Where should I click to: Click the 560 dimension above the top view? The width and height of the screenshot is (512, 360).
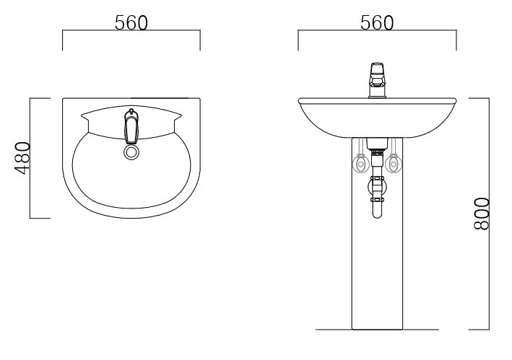pyautogui.click(x=131, y=23)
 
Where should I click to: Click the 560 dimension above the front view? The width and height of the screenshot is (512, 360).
pyautogui.click(x=377, y=23)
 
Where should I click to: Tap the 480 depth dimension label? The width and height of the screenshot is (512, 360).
pyautogui.click(x=22, y=158)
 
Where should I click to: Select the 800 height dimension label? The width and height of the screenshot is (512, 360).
pyautogui.click(x=482, y=214)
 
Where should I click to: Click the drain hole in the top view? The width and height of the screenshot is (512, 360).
pyautogui.click(x=131, y=152)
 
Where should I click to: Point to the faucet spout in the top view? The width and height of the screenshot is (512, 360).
pyautogui.click(x=131, y=126)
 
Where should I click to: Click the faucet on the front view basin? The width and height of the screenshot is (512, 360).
pyautogui.click(x=377, y=81)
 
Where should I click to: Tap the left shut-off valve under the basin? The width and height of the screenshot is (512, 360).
pyautogui.click(x=360, y=164)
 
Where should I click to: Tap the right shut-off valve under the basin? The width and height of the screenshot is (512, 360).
pyautogui.click(x=394, y=164)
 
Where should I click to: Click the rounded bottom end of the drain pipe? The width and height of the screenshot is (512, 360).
pyautogui.click(x=377, y=216)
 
